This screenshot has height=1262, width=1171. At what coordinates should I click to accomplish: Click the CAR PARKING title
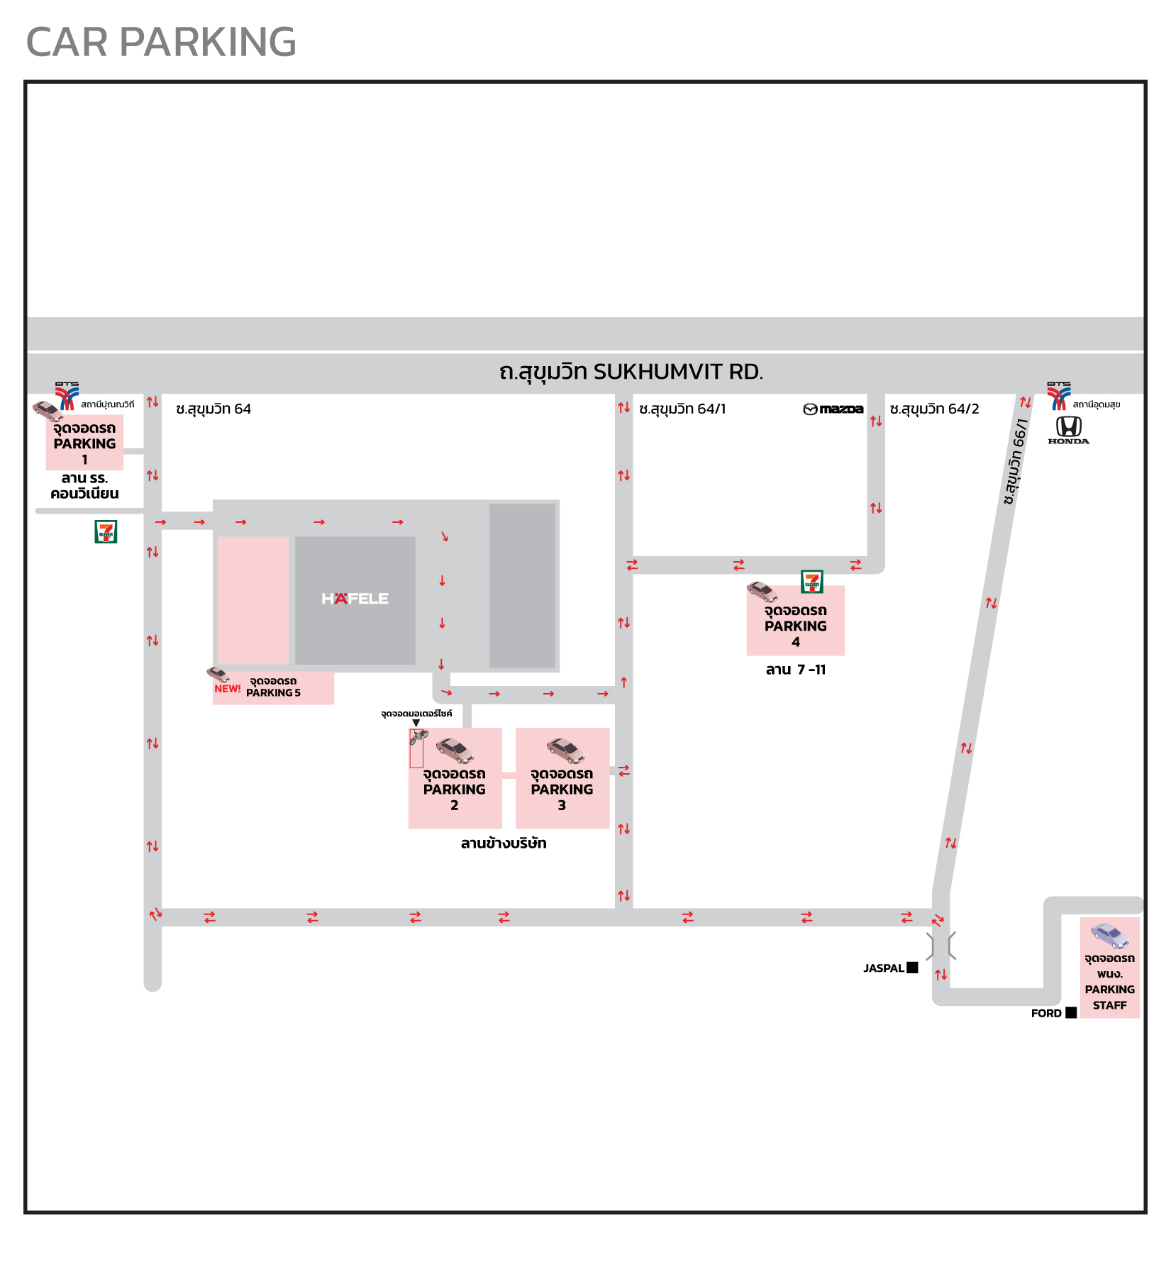click(x=161, y=42)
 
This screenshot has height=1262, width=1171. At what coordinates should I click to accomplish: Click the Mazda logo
click(x=833, y=409)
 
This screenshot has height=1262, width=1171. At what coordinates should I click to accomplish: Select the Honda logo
click(x=1068, y=429)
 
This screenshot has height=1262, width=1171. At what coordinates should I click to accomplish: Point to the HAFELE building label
click(x=355, y=599)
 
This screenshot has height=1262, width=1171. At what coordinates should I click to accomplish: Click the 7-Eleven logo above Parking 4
click(x=811, y=582)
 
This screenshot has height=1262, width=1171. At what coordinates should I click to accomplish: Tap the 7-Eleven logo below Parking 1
click(x=106, y=531)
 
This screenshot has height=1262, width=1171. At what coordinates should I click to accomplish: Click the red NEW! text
click(x=228, y=689)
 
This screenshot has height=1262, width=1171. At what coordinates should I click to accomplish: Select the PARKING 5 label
click(x=273, y=693)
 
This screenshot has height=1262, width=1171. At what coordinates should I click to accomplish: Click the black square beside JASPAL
click(x=913, y=968)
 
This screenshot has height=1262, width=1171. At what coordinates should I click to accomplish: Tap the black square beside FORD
click(x=1071, y=1012)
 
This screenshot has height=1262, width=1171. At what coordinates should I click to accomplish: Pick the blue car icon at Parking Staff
click(x=1109, y=936)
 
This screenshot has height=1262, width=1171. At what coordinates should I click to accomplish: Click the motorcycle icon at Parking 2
click(x=418, y=736)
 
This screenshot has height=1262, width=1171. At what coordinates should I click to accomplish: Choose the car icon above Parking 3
click(x=565, y=750)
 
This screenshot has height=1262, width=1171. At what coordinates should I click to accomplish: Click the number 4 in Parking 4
click(x=796, y=642)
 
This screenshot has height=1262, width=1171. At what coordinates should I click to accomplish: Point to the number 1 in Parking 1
click(x=85, y=460)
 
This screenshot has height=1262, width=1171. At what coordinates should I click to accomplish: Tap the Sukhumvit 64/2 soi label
click(x=934, y=409)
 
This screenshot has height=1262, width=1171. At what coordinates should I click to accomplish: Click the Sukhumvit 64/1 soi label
click(x=682, y=409)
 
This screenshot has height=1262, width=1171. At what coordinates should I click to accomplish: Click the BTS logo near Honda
click(x=1059, y=396)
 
